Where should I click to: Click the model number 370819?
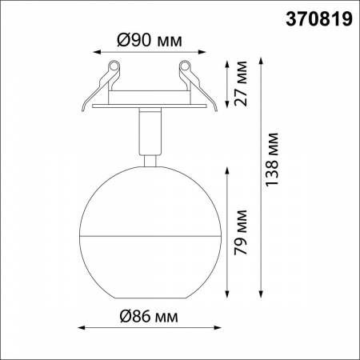point(319,19)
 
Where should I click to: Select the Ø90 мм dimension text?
point(150,41)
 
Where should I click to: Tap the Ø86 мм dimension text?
point(149,316)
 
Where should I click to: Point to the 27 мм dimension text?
point(240,84)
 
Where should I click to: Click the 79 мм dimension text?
point(240,232)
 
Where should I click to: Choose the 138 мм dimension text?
point(272,159)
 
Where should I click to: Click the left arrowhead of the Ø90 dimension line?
point(97,52)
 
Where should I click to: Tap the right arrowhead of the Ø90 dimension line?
point(202,52)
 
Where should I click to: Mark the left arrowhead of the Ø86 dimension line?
point(82,327)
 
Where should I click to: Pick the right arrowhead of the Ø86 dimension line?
point(218,327)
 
